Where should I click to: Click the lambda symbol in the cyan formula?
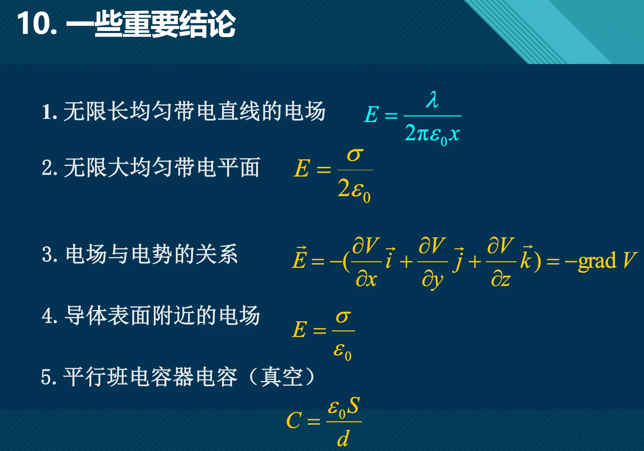(432, 100)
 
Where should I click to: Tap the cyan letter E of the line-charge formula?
(371, 115)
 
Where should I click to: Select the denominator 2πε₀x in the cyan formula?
(432, 134)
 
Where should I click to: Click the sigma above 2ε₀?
(355, 155)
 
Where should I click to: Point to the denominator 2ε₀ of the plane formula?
(354, 190)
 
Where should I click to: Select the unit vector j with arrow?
(458, 260)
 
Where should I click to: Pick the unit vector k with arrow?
(527, 258)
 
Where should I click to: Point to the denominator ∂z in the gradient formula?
(501, 279)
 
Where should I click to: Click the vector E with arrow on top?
(300, 258)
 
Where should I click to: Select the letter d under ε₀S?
(343, 438)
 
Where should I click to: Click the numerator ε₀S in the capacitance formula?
(344, 407)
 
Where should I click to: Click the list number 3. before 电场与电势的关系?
(49, 254)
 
